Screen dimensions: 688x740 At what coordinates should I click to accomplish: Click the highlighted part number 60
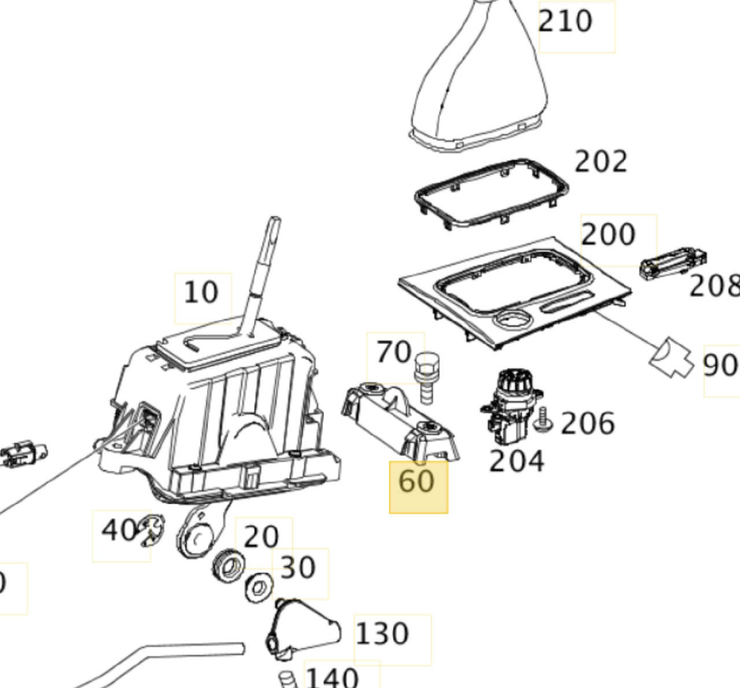click(418, 487)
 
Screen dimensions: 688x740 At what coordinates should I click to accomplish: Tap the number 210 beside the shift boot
click(565, 21)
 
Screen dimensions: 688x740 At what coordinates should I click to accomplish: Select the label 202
click(601, 162)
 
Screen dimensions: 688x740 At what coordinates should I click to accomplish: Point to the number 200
click(608, 235)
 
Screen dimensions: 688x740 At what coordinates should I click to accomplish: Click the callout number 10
click(201, 293)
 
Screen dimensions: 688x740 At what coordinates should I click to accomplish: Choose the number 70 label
click(394, 352)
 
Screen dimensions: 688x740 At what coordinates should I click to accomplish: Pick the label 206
click(587, 424)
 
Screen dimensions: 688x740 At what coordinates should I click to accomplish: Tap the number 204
click(516, 461)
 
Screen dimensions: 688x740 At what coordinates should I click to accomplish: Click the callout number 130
click(382, 634)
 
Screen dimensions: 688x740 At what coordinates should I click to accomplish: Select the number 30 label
click(298, 568)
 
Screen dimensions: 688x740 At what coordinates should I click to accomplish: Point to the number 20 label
click(261, 537)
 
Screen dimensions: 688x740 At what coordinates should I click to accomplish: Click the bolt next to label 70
click(425, 375)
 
